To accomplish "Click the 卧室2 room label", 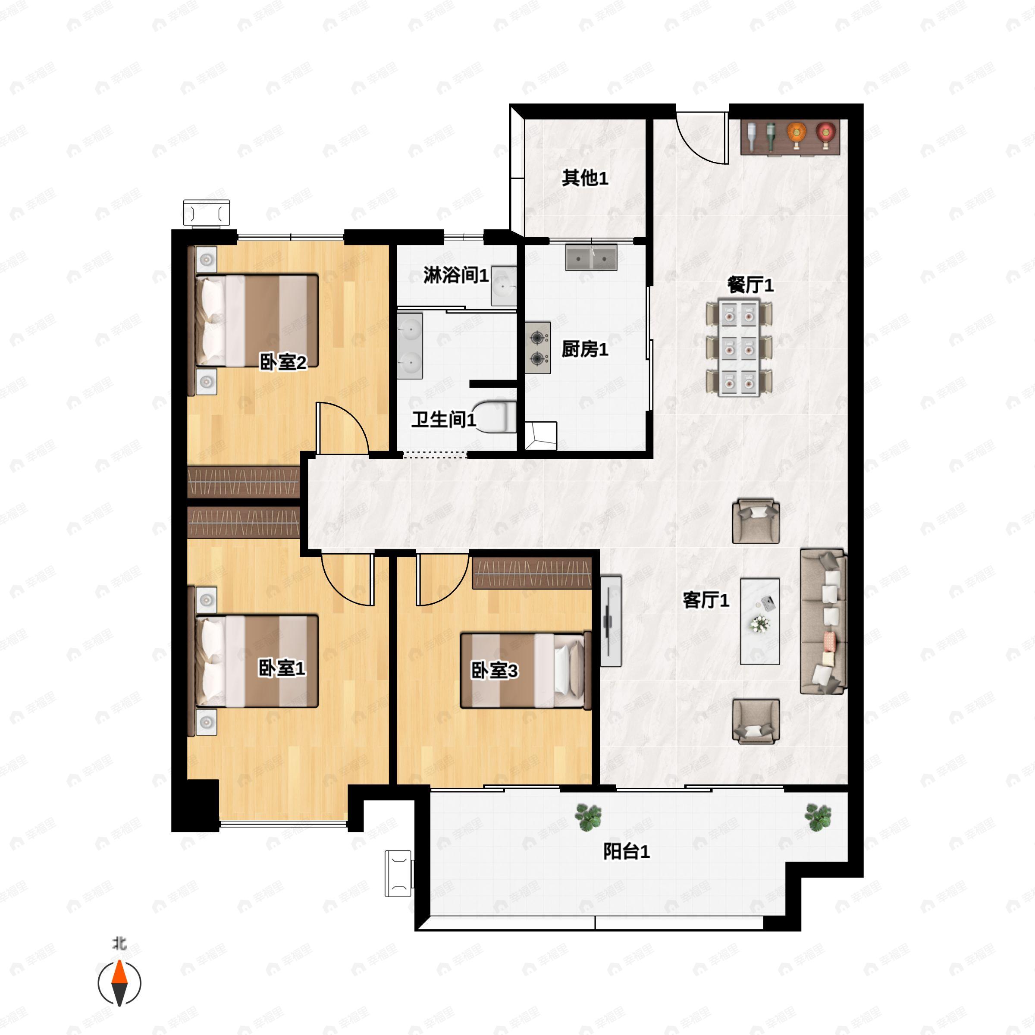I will (283, 363).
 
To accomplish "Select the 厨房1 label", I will (584, 349).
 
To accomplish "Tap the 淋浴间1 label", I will (455, 276).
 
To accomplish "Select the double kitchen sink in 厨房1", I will (591, 258).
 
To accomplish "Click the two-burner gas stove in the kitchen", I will (537, 348).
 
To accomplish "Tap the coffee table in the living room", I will (759, 621).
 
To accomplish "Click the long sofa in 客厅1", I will (823, 621).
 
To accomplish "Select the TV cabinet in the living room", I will (610, 621).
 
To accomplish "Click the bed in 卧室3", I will (525, 670).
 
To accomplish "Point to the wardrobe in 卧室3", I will (532, 573).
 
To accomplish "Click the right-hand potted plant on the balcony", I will (818, 817).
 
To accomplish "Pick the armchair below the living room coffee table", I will (756, 721).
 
